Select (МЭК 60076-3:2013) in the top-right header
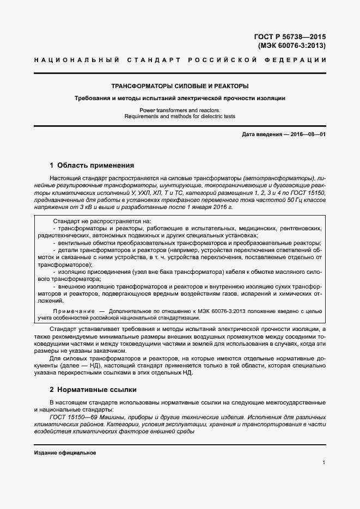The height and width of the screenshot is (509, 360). (x=291, y=46)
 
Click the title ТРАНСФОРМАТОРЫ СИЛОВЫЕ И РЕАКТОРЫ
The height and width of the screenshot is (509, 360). (x=180, y=86)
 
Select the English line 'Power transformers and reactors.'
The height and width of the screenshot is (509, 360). (x=180, y=110)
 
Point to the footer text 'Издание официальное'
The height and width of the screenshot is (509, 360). (x=65, y=453)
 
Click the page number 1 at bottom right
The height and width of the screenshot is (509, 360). (x=324, y=463)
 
